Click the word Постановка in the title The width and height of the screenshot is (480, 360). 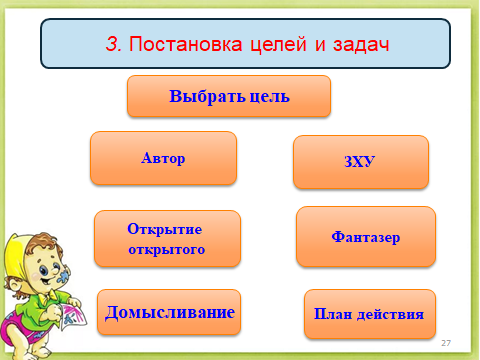(x=185, y=44)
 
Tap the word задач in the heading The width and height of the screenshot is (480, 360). (x=361, y=45)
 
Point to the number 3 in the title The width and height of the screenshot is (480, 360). (x=113, y=44)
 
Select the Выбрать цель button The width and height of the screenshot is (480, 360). (x=229, y=96)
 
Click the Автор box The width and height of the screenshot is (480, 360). (x=163, y=158)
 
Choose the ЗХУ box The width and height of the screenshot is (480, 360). (x=361, y=162)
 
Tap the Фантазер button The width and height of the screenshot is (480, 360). (x=366, y=237)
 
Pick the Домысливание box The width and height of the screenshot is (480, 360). (x=169, y=312)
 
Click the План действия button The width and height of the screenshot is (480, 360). (x=370, y=314)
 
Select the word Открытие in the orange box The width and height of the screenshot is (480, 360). (x=165, y=229)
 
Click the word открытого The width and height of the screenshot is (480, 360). (x=167, y=249)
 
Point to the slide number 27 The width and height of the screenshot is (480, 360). (x=446, y=343)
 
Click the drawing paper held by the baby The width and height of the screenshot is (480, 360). (x=72, y=316)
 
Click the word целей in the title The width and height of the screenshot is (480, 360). (x=278, y=45)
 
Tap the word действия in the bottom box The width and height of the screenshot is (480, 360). (x=390, y=314)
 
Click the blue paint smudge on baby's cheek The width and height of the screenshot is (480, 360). (x=63, y=276)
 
